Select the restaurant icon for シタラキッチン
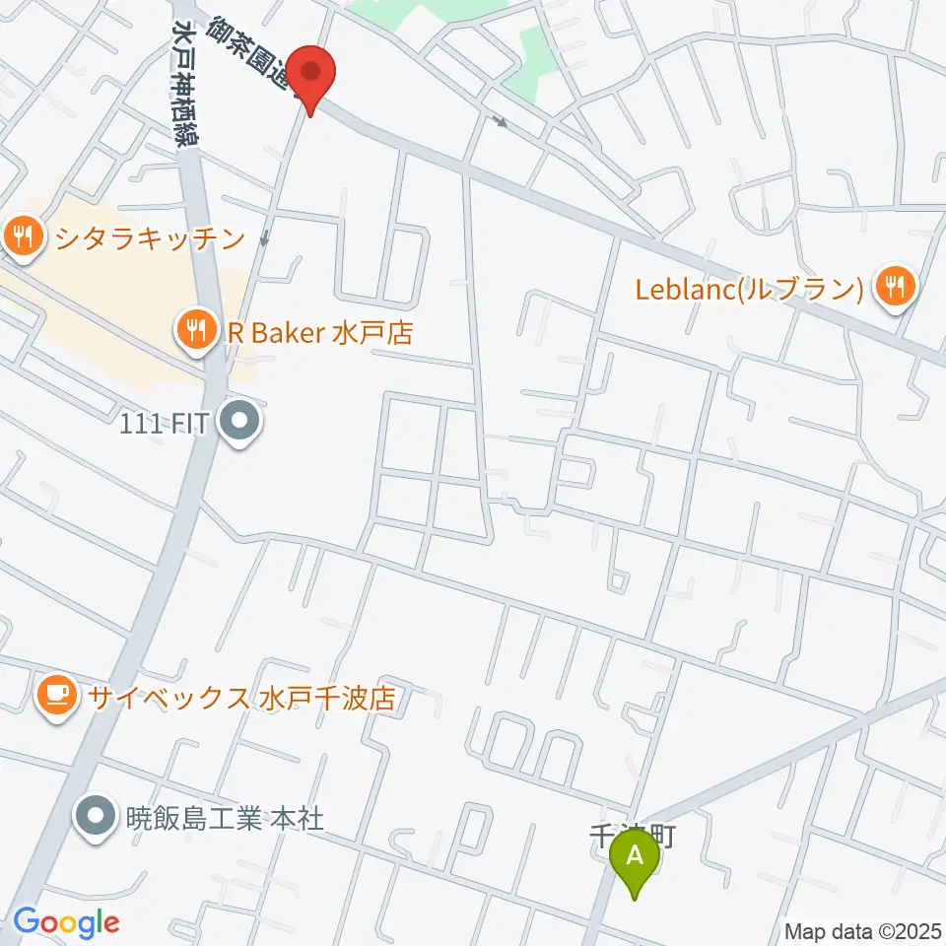click(x=21, y=236)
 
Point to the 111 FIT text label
click(x=163, y=426)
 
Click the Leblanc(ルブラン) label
click(x=749, y=288)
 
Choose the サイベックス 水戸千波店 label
click(x=241, y=698)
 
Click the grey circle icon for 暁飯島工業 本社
click(x=97, y=817)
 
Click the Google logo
click(x=65, y=922)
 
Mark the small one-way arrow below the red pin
click(x=264, y=239)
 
